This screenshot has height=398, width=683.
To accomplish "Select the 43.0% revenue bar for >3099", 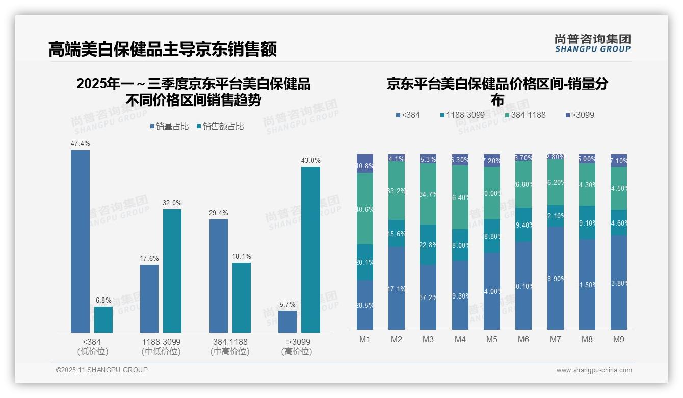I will (x=310, y=250).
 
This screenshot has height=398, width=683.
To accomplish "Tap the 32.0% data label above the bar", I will (x=172, y=203).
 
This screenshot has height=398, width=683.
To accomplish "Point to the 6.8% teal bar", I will (x=103, y=319).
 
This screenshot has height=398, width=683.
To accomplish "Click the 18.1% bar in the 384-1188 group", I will (x=242, y=297).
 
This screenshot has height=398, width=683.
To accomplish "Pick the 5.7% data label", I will (x=287, y=304).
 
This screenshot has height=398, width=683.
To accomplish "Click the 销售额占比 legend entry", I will (x=220, y=127).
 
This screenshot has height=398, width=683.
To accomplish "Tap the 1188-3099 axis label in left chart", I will (x=161, y=342).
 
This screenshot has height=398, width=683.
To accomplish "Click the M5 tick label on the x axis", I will (x=492, y=339).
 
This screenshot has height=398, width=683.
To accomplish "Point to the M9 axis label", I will (x=618, y=339).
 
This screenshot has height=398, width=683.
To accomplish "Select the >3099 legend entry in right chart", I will (x=580, y=115).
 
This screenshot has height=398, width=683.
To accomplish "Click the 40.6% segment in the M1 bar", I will (x=365, y=209).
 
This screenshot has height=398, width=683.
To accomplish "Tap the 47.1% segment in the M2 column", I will (x=397, y=288).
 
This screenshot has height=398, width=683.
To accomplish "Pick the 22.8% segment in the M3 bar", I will (x=428, y=244).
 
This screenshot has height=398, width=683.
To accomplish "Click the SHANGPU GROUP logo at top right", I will (x=592, y=43).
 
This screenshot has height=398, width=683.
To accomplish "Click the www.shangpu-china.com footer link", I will (x=594, y=370).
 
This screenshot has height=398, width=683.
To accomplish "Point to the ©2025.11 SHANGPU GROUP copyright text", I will (x=102, y=370).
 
